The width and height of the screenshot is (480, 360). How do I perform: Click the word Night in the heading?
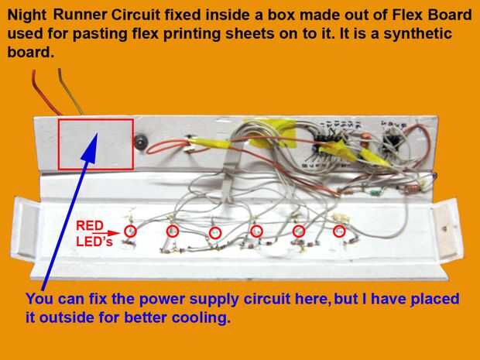coord(27,15)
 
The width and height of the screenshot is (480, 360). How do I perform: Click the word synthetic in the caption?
coord(417,33)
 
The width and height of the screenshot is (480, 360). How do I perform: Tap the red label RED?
coord(90,226)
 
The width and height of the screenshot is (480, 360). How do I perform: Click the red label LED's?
coord(94,242)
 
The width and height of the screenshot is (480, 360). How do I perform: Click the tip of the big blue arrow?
coord(98,133)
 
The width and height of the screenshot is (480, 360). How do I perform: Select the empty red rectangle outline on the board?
coord(58,144)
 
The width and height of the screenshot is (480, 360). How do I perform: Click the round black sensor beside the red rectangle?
coord(140,142)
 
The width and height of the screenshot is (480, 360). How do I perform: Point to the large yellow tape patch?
coord(272,133)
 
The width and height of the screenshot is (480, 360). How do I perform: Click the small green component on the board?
coord(375,193)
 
